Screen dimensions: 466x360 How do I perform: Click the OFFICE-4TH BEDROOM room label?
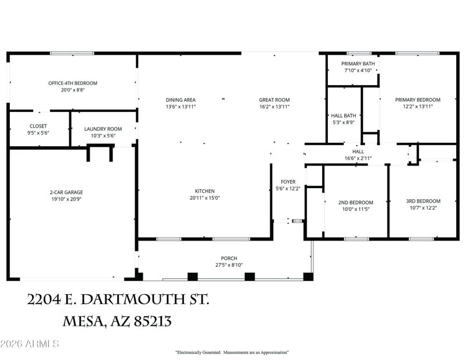pyautogui.click(x=73, y=83)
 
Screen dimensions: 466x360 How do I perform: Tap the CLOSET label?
pyautogui.click(x=38, y=126)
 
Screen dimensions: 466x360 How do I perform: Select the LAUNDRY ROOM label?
pyautogui.click(x=103, y=129)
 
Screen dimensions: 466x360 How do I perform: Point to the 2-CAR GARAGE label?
pyautogui.click(x=66, y=192)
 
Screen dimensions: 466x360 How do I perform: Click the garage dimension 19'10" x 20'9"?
pyautogui.click(x=66, y=199)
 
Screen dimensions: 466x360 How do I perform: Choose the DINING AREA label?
pyautogui.click(x=181, y=100)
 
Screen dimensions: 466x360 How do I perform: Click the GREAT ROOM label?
pyautogui.click(x=274, y=100)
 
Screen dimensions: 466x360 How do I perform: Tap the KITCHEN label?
pyautogui.click(x=205, y=191)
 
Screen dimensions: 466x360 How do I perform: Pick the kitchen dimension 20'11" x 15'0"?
pyautogui.click(x=205, y=198)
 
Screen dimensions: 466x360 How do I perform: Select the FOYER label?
pyautogui.click(x=288, y=182)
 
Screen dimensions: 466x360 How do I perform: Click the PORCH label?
pyautogui.click(x=229, y=258)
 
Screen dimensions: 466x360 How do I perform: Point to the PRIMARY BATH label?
pyautogui.click(x=358, y=63)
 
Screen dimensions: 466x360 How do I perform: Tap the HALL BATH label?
pyautogui.click(x=344, y=116)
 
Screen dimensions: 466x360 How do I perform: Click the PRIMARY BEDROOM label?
pyautogui.click(x=418, y=100)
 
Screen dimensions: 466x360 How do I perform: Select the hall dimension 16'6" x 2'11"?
pyautogui.click(x=358, y=158)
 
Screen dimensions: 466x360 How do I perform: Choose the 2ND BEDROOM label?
pyautogui.click(x=356, y=203)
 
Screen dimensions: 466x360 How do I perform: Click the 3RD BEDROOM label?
pyautogui.click(x=423, y=201)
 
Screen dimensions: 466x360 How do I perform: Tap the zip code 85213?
pyautogui.click(x=153, y=322)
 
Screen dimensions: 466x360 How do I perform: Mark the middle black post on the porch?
pyautogui.click(x=250, y=277)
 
